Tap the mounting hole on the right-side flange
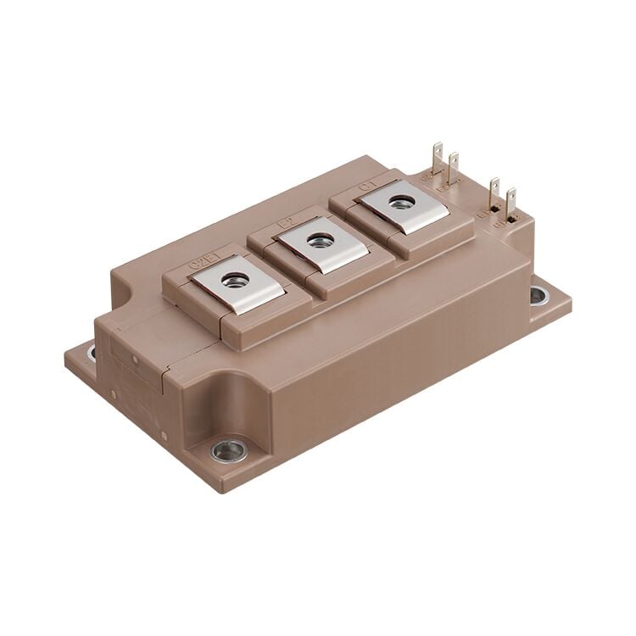(539, 295)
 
